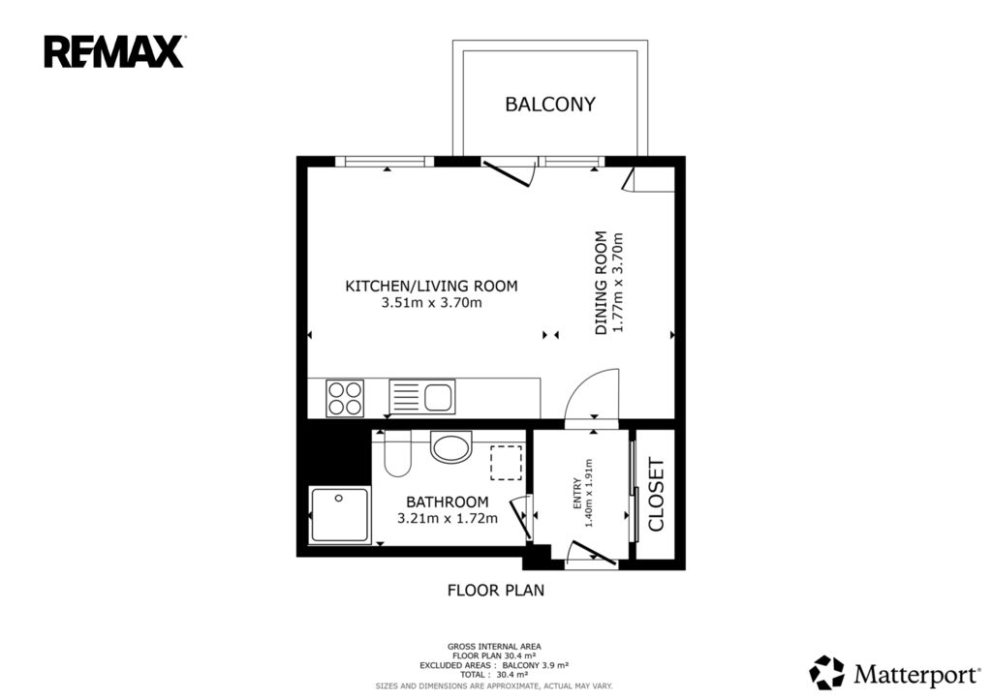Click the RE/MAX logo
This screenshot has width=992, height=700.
pos(114,52)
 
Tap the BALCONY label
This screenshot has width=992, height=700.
pos(550,105)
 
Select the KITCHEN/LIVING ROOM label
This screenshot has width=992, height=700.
pos(431,286)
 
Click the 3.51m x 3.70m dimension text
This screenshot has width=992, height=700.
pos(431,303)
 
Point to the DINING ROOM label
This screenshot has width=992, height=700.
pos(601,283)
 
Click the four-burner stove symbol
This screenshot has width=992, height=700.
pos(345,398)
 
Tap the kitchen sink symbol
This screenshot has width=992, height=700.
pos(422,397)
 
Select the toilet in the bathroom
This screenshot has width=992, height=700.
pos(397,453)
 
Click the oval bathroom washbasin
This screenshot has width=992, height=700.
pos(451,446)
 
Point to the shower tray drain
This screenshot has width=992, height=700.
pos(339,499)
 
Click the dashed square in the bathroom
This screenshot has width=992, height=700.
pos(506,462)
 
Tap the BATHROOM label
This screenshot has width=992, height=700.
pos(448,502)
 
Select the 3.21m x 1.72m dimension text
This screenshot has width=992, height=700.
pos(448,519)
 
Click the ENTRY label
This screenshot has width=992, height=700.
pos(577,493)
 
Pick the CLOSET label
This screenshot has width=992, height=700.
pos(656,495)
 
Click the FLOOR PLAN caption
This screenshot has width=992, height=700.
pos(496,591)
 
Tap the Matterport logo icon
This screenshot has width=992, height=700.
pos(827,672)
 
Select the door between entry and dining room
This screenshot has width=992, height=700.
pos(592,395)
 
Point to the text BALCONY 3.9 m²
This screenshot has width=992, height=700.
pos(535,665)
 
